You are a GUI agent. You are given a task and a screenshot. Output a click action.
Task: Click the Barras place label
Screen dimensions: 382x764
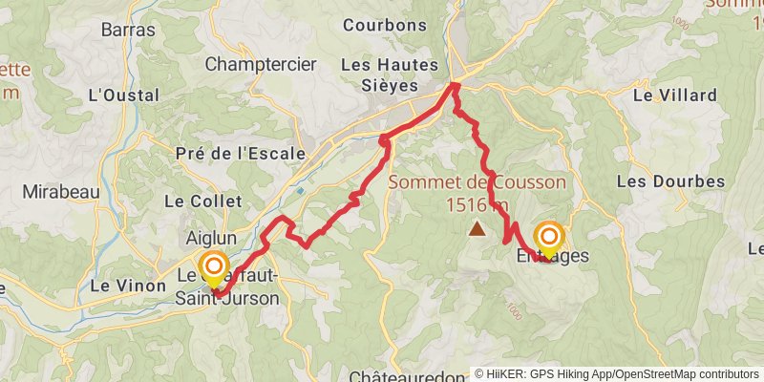point(128,30)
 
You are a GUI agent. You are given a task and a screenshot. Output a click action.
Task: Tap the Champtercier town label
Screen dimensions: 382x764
point(261,65)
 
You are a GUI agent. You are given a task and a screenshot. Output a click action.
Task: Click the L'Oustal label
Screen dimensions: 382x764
point(115,95)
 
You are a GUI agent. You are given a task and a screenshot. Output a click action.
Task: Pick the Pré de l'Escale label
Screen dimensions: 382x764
point(242,153)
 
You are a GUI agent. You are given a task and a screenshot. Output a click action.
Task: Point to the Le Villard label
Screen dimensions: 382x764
point(674,95)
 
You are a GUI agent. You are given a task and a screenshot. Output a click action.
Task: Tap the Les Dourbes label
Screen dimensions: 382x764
point(660,180)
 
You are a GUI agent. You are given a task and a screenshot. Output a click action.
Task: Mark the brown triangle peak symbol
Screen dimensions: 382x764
point(477,228)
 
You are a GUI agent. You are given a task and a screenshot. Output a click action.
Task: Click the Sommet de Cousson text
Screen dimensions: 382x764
point(477,182)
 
